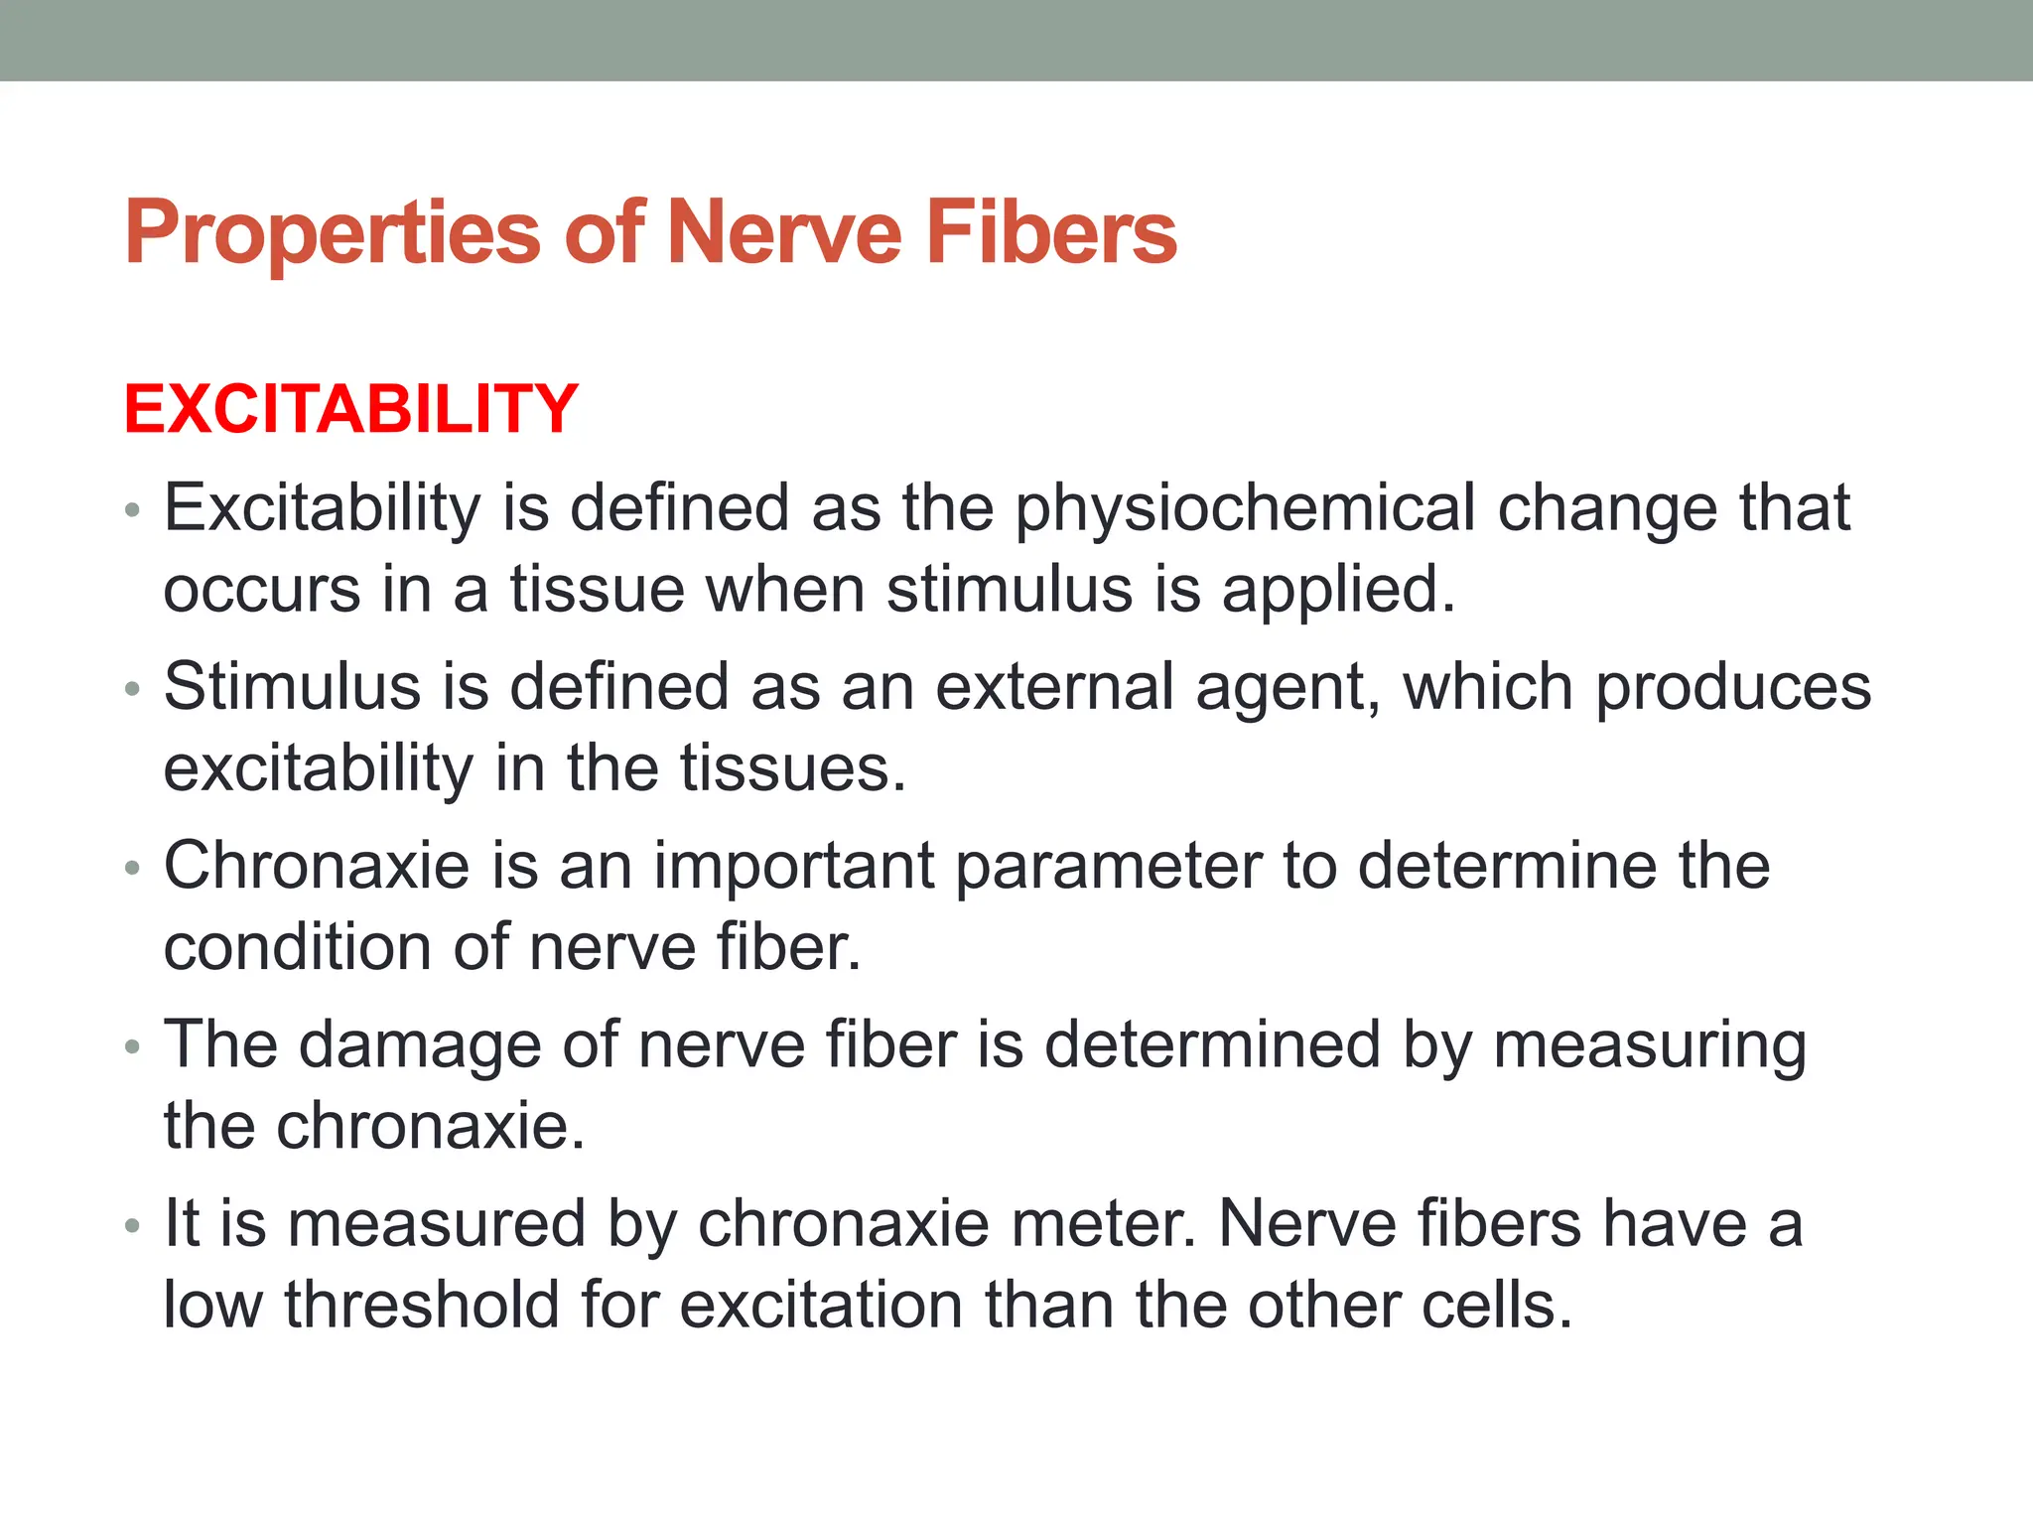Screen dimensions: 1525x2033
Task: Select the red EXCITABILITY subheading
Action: click(350, 409)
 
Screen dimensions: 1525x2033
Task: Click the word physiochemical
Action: click(1246, 508)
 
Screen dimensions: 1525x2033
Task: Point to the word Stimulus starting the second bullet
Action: click(292, 687)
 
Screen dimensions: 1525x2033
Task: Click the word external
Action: click(1054, 687)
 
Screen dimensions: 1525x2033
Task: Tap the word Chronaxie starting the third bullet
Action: click(316, 866)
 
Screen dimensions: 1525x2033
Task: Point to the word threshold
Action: click(422, 1305)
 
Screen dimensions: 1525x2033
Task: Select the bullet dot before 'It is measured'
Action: click(133, 1227)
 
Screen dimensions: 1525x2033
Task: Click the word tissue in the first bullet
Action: click(597, 590)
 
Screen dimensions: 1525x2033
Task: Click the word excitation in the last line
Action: click(821, 1305)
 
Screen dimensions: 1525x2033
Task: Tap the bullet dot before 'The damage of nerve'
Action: click(133, 1048)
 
